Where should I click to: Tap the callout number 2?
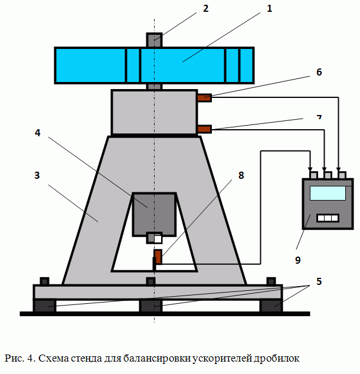point(206,8)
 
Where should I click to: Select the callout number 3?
point(37,175)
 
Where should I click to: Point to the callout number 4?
point(37,133)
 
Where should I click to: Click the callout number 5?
point(319,281)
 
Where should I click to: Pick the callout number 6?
point(319,72)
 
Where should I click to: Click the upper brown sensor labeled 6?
point(204,97)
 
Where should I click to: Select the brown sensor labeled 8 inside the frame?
point(158,257)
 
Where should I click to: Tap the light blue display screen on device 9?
point(328,192)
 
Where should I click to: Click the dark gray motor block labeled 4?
point(154,212)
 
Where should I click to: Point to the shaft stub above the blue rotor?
point(154,40)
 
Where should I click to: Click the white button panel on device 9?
point(328,218)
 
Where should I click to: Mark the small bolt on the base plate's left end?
point(44,281)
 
